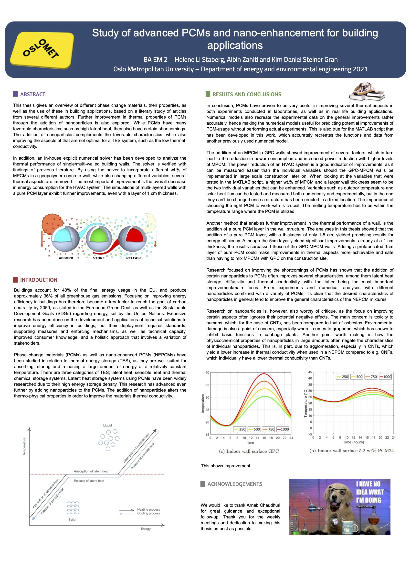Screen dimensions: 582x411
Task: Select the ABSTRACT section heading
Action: pos(32,94)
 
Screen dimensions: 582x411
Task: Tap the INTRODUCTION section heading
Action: pos(39,280)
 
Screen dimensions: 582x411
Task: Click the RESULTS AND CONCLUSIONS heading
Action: pos(246,94)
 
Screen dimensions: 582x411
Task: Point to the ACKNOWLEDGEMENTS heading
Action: pos(234,484)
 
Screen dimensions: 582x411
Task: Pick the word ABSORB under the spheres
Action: pos(66,258)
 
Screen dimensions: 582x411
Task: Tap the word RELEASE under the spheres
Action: pos(134,258)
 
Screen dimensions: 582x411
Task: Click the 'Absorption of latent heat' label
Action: pos(91,471)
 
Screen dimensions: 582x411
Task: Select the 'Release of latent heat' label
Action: pos(89,481)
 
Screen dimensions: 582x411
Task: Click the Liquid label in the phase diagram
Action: pos(107,425)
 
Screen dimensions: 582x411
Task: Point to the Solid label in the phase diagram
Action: pos(72,519)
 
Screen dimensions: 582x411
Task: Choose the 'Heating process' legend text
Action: pos(148,509)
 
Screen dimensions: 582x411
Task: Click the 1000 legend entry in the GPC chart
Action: pos(283,429)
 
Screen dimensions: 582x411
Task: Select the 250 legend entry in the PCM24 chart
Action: pos(342,377)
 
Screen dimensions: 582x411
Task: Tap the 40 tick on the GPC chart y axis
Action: pos(207,373)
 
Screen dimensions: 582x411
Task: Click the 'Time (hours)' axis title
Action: pos(353,442)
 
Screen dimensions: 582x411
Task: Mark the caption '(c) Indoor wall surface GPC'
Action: pos(249,451)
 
